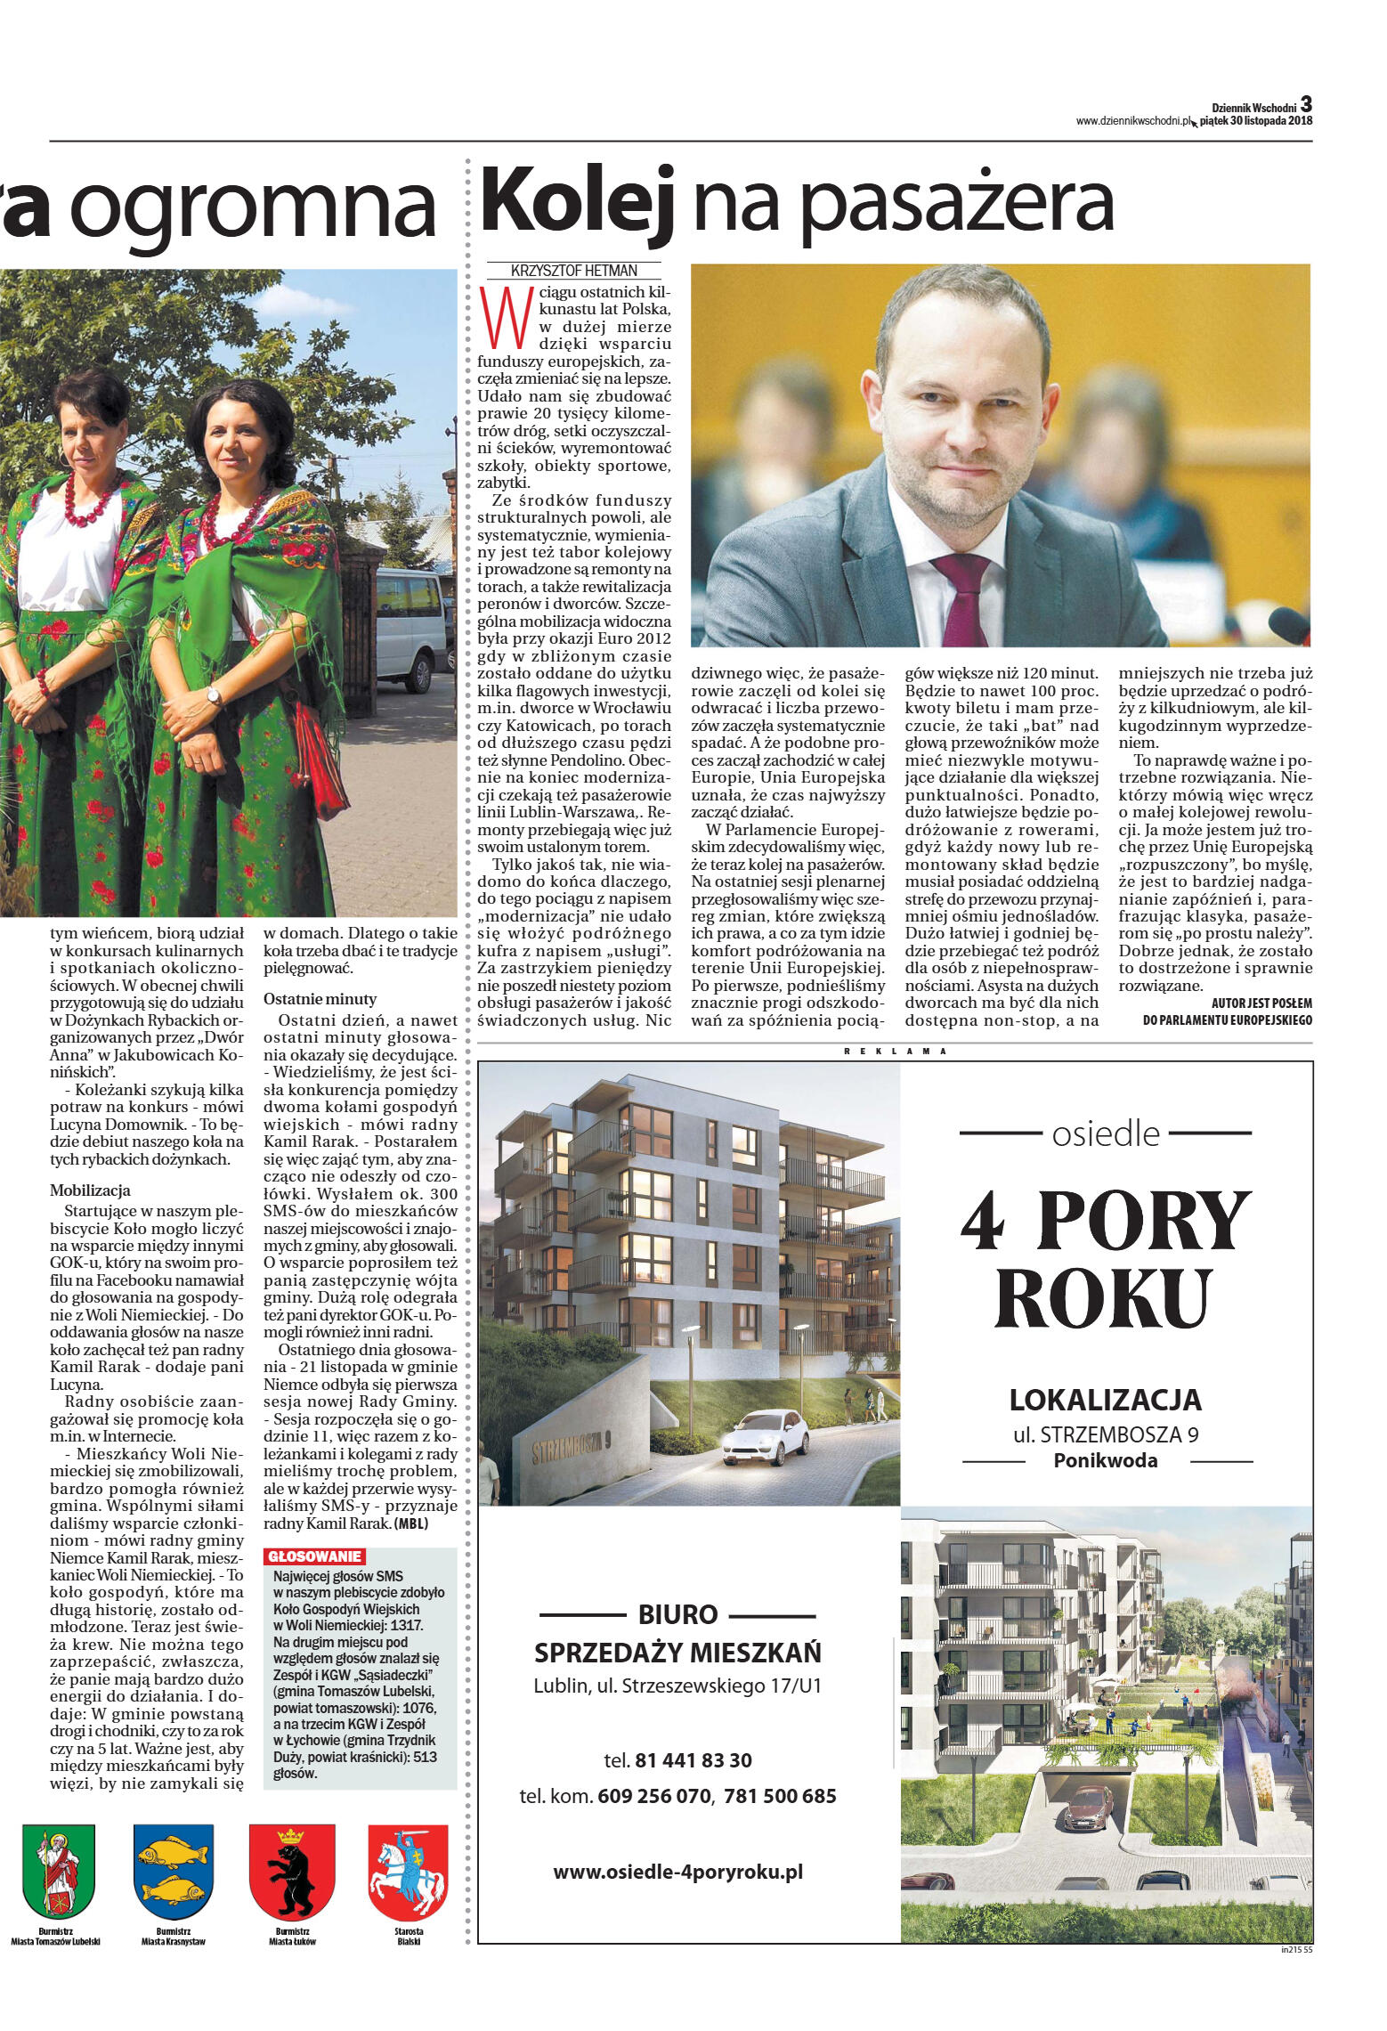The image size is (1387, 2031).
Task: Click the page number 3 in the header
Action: click(x=1306, y=103)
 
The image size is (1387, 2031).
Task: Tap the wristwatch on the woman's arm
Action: click(x=213, y=695)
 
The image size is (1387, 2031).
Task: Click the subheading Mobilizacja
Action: click(x=90, y=1190)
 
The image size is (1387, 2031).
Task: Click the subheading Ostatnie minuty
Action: click(x=320, y=999)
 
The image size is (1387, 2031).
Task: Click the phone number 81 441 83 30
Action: click(x=693, y=1761)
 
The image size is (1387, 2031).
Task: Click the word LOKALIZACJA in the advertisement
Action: click(x=1105, y=1401)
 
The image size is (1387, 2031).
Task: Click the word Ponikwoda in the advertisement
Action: click(x=1105, y=1461)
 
